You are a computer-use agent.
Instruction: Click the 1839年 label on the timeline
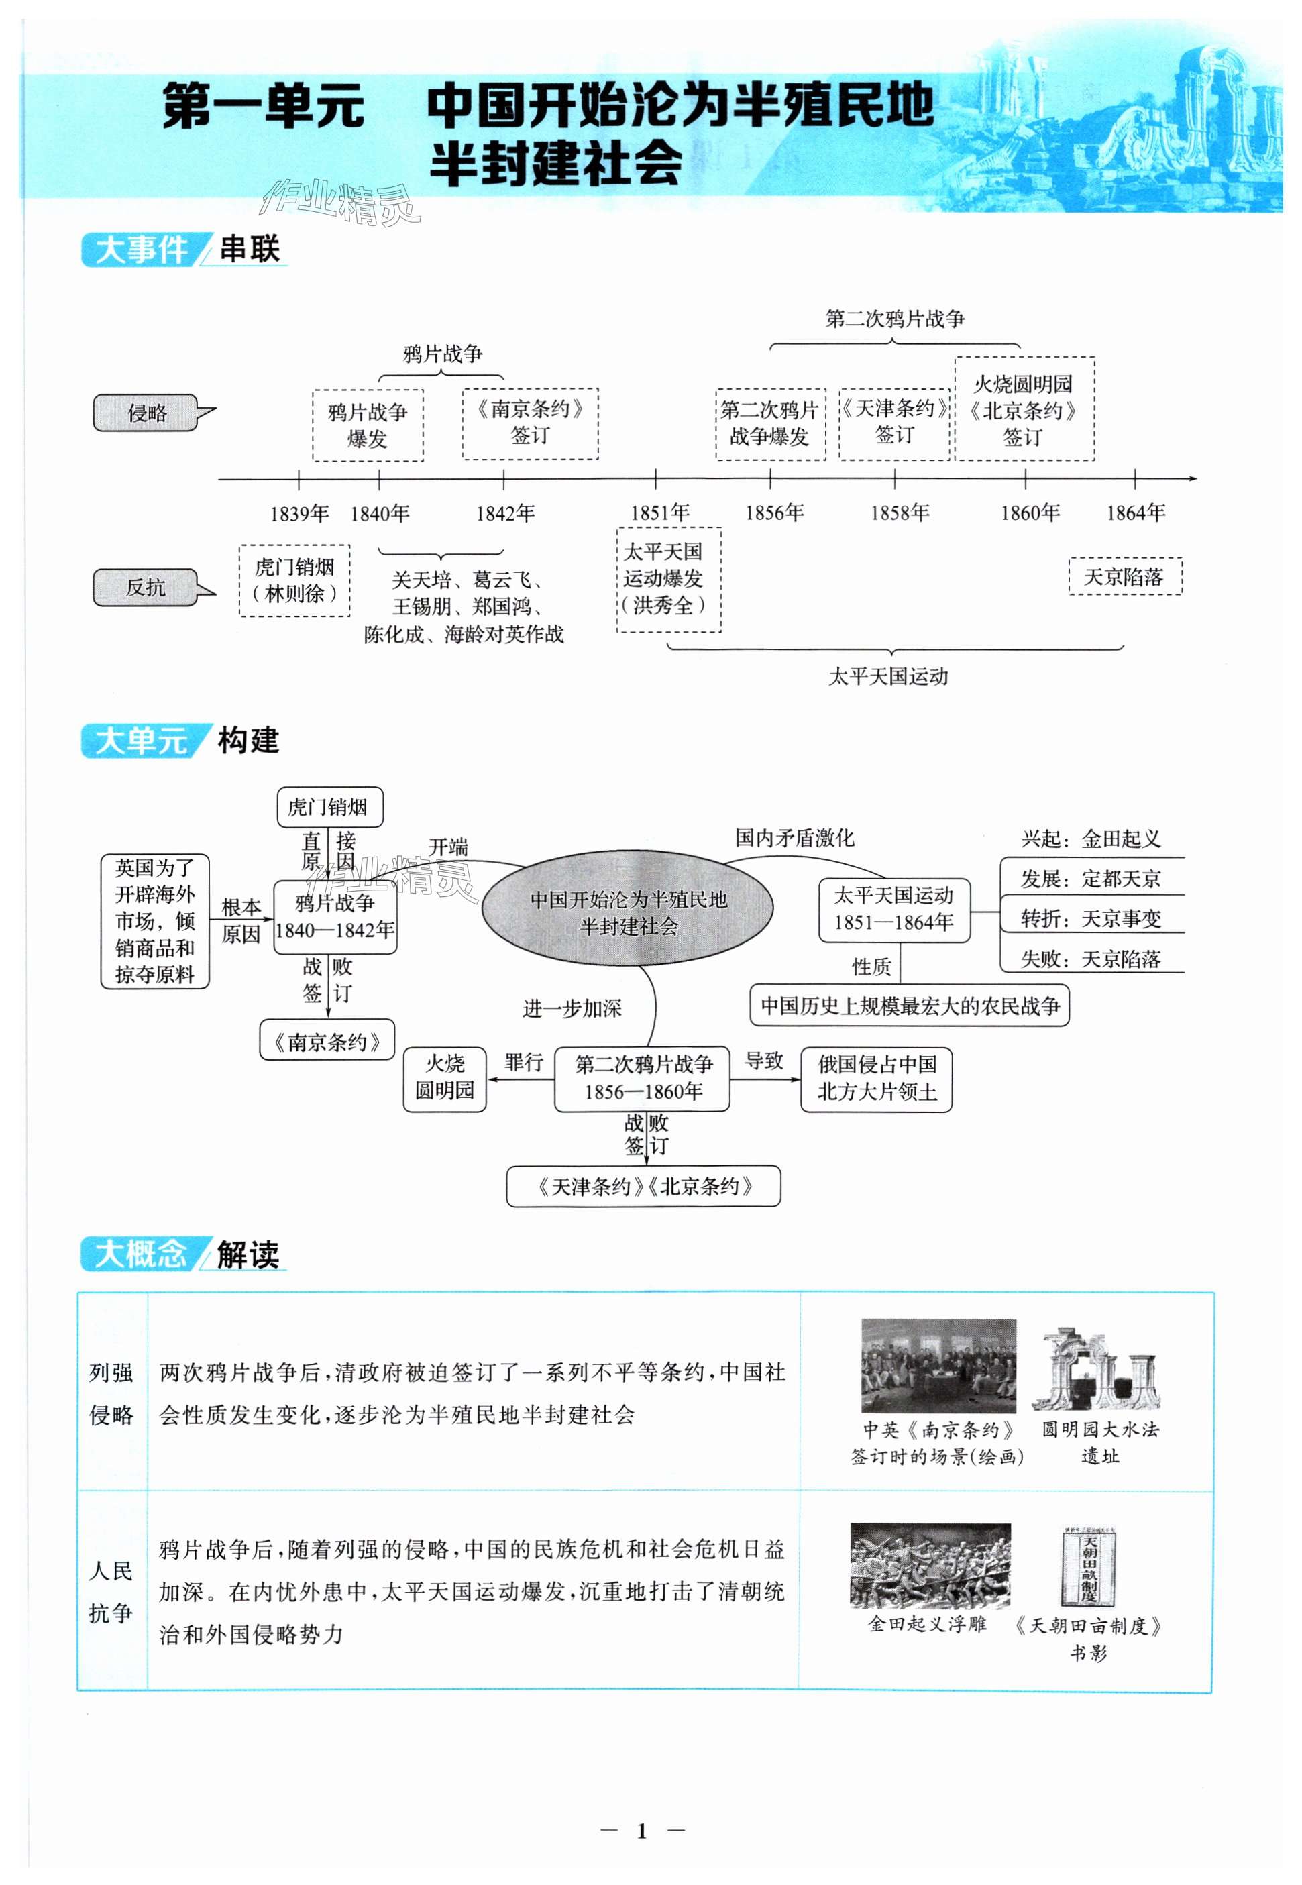(x=299, y=513)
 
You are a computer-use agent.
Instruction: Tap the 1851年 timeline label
(x=659, y=513)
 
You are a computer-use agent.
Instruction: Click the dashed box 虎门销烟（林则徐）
(x=294, y=580)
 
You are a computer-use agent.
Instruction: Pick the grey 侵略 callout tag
(x=147, y=413)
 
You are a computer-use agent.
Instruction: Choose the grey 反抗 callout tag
(x=146, y=587)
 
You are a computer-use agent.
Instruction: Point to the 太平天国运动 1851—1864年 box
(x=894, y=910)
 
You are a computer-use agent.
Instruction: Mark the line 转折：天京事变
(x=1091, y=918)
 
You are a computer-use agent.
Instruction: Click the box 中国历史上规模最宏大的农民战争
(x=909, y=1005)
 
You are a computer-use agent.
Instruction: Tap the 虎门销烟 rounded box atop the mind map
(x=329, y=807)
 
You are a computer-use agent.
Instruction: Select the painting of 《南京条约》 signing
(x=938, y=1365)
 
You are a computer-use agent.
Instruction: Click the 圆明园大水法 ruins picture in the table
(x=1097, y=1370)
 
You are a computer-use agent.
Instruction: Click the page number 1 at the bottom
(x=641, y=1831)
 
